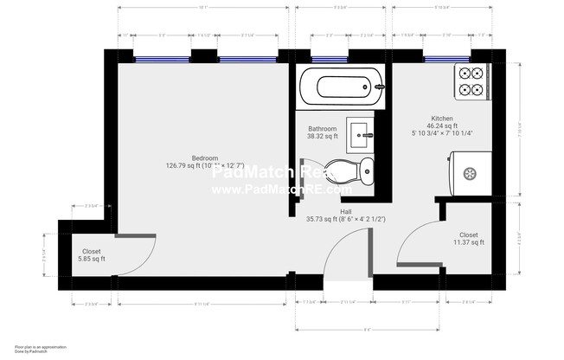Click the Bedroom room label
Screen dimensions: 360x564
pos(205,158)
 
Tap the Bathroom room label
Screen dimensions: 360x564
pos(322,128)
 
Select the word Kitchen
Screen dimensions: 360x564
pos(442,118)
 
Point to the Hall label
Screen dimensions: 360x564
pos(345,211)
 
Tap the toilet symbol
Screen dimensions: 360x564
pos(361,169)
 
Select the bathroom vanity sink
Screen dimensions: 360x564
pos(360,132)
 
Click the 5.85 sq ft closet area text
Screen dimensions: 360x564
pos(87,259)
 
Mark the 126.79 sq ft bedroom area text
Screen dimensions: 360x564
pos(205,165)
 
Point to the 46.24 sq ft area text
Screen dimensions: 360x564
pos(442,125)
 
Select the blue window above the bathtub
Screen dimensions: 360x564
pos(330,60)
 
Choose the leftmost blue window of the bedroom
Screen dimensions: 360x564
pos(162,60)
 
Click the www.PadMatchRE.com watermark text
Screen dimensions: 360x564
pos(282,189)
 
